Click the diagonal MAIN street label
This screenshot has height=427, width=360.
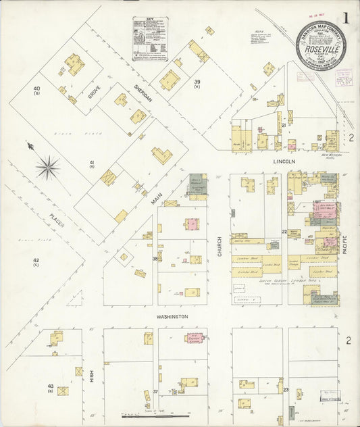click(x=157, y=201)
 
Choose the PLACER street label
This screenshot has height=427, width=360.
click(x=56, y=220)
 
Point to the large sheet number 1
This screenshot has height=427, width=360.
click(x=346, y=19)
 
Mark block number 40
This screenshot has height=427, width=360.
click(x=37, y=89)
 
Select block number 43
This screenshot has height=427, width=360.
click(x=51, y=386)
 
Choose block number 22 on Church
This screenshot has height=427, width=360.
click(x=285, y=232)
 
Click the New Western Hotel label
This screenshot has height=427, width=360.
click(x=331, y=154)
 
